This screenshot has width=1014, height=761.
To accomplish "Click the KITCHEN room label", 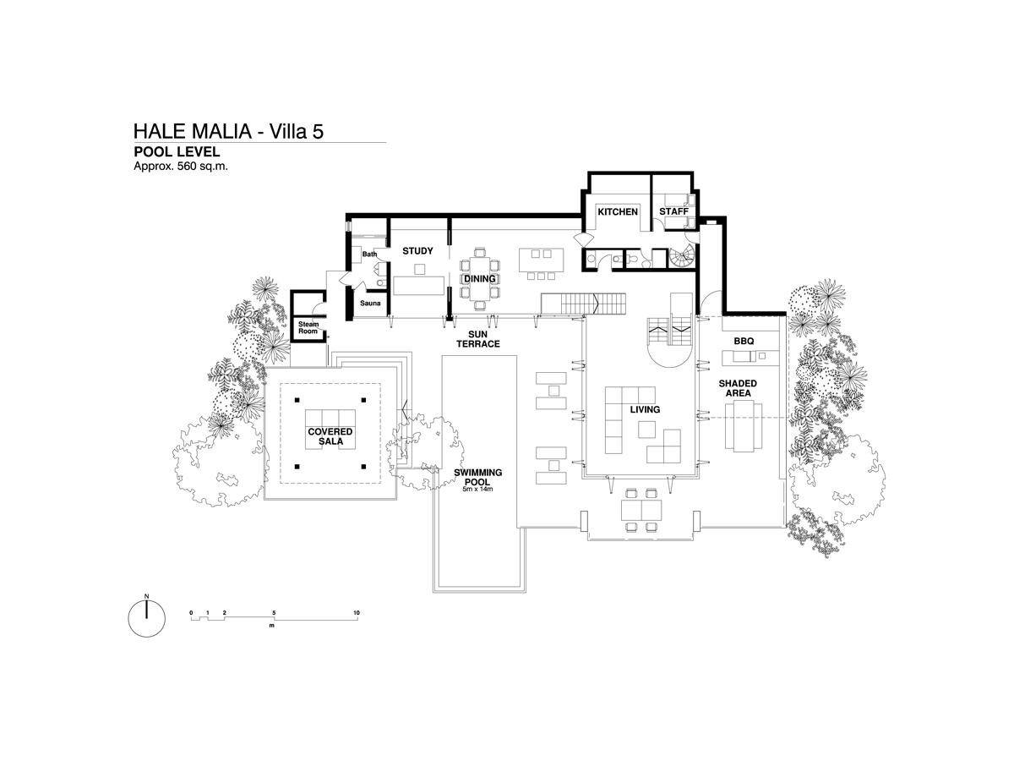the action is [617, 211].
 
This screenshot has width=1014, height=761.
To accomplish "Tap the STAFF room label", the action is [673, 211].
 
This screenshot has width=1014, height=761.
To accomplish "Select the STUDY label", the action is [417, 251].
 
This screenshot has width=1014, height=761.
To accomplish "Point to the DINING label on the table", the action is [479, 279].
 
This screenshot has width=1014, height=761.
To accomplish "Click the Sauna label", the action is [370, 303].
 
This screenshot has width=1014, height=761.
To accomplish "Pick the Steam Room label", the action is [308, 327].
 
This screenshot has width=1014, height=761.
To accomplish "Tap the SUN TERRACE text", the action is [477, 339].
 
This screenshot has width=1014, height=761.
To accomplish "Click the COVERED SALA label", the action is [330, 436].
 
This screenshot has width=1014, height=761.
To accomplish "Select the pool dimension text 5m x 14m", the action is [477, 489].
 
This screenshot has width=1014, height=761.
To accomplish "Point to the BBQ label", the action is [744, 341].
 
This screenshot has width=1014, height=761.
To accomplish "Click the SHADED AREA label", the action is [738, 388].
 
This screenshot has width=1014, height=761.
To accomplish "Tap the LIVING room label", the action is [645, 409].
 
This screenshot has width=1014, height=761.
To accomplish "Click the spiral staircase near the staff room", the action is [681, 256].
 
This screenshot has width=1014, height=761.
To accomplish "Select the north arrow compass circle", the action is [146, 619].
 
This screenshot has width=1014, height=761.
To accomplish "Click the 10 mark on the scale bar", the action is [357, 613].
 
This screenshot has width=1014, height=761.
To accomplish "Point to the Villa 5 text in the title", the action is [296, 131].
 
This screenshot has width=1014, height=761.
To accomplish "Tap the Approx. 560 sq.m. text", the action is [181, 167].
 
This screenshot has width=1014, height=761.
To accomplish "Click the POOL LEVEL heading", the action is [177, 151].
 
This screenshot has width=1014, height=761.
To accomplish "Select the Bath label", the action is [369, 255].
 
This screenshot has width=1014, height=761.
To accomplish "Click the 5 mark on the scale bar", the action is [274, 613].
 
